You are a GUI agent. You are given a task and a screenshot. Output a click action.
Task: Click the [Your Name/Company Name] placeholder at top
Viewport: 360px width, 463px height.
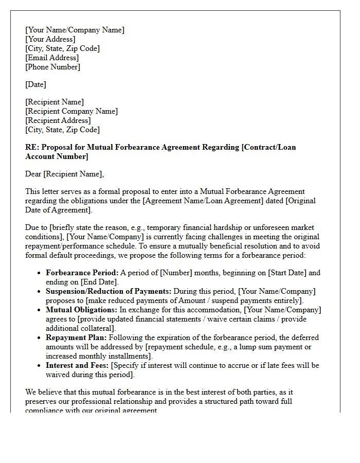click(75, 30)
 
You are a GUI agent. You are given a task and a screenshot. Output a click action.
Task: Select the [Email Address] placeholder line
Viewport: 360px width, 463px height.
click(52, 58)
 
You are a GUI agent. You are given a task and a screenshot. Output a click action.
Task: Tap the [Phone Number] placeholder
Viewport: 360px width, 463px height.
click(52, 67)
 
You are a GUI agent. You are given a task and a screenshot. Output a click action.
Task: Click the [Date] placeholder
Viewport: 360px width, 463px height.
click(35, 84)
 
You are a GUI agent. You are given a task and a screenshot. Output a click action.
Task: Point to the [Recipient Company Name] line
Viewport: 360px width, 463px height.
click(71, 111)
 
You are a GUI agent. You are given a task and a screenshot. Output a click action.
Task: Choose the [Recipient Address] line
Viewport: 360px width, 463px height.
click(58, 120)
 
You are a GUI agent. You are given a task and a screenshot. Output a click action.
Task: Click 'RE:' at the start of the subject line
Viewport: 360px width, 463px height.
click(32, 147)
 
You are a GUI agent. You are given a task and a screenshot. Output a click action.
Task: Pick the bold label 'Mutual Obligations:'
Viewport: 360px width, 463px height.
click(82, 310)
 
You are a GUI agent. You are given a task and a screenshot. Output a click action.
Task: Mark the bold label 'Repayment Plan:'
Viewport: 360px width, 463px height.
click(76, 337)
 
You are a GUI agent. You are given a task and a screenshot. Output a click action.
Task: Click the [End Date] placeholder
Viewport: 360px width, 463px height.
click(99, 282)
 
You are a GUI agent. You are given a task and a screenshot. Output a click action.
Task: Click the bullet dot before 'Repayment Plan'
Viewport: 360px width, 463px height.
click(40, 338)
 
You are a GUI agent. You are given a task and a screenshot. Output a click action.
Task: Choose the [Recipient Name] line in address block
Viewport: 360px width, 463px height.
click(55, 102)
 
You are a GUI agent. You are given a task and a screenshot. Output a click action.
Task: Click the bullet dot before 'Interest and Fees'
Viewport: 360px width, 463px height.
click(40, 366)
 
